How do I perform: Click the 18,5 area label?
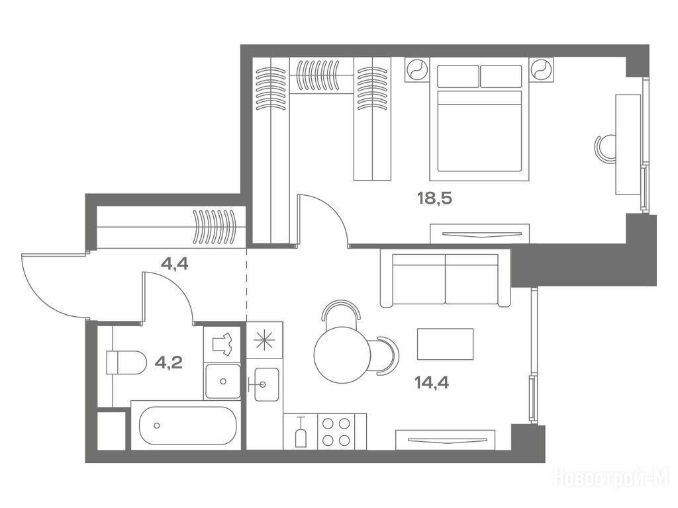[434, 198]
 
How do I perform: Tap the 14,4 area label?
[432, 382]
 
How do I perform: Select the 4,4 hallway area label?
[174, 263]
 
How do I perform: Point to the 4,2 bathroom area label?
[169, 362]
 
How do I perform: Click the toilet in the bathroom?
[125, 362]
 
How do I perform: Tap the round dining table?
[342, 355]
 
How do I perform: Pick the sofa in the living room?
[445, 278]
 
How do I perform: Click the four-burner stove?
[336, 431]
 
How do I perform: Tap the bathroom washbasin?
[222, 381]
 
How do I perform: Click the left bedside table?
[417, 69]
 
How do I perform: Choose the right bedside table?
[541, 69]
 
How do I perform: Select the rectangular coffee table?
[445, 344]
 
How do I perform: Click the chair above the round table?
[341, 310]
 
